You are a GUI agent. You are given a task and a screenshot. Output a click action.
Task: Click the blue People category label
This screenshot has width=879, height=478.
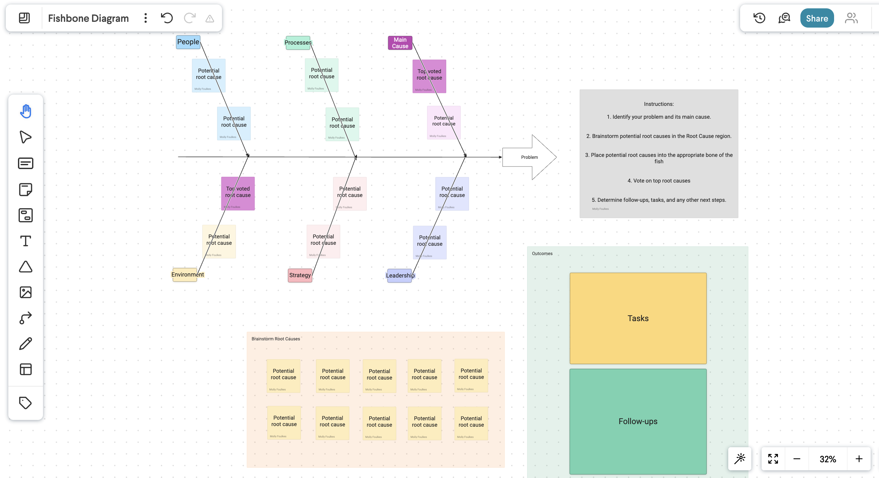click(188, 42)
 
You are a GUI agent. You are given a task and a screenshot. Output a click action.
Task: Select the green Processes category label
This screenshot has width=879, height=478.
click(298, 43)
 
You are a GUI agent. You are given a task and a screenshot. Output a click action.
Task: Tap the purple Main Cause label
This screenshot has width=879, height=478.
click(400, 43)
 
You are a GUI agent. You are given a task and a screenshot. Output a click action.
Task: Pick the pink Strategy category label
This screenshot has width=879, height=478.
click(300, 275)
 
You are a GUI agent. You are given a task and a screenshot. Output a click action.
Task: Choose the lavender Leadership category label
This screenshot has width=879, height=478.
click(399, 276)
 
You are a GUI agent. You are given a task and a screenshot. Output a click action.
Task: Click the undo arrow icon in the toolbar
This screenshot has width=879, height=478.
click(167, 18)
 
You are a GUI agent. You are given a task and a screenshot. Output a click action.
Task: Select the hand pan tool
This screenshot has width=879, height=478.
click(26, 111)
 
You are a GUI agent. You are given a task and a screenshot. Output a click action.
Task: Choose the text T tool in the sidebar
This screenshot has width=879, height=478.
click(26, 241)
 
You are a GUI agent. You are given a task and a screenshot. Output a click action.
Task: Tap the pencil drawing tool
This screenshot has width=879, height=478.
click(26, 344)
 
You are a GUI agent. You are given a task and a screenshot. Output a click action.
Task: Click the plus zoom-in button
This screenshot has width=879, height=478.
click(859, 459)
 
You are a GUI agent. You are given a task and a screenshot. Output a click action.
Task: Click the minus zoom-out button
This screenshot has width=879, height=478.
click(797, 459)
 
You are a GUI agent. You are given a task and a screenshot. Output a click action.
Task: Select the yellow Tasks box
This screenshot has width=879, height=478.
click(638, 318)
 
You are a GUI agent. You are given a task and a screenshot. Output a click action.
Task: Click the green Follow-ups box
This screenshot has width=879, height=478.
click(638, 421)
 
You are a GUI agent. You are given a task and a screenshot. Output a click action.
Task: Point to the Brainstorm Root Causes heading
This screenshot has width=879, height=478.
click(276, 339)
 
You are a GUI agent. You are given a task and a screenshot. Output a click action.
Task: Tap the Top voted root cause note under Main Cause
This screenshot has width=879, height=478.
click(429, 76)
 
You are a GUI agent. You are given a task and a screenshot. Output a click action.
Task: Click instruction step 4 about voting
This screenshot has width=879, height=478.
click(659, 181)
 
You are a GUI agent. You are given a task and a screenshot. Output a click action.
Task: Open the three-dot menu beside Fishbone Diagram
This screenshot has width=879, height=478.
click(146, 18)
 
